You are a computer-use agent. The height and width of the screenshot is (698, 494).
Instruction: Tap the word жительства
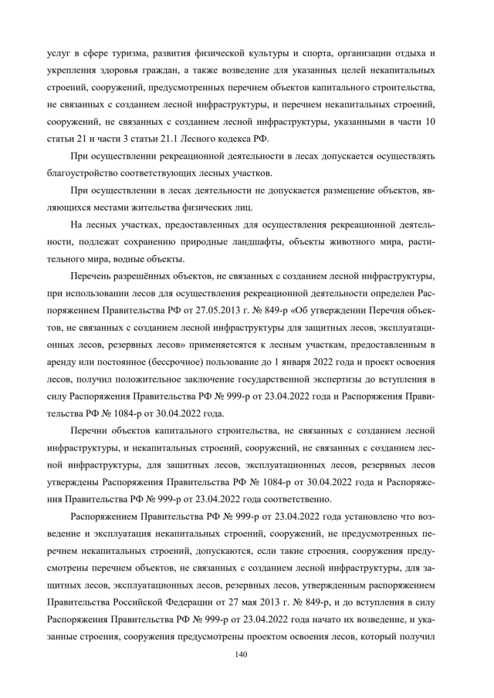click(x=174, y=207)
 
